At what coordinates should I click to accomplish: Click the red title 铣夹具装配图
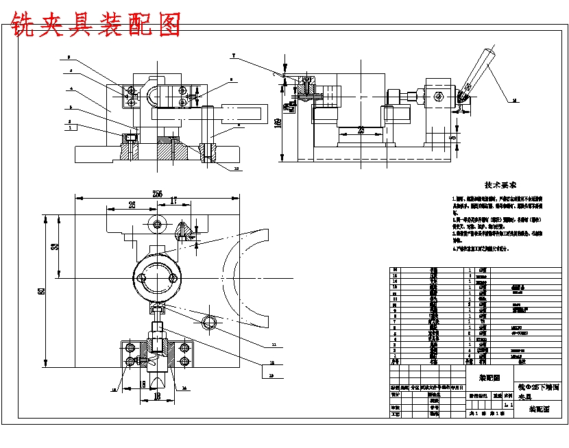(x=96, y=25)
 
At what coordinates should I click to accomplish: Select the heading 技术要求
(x=500, y=185)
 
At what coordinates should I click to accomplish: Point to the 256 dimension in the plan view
(x=157, y=194)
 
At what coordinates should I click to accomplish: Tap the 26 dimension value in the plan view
(x=130, y=203)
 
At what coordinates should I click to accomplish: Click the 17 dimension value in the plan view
(x=173, y=201)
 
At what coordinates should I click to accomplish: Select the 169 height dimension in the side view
(x=278, y=123)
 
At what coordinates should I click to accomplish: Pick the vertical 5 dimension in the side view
(x=453, y=138)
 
